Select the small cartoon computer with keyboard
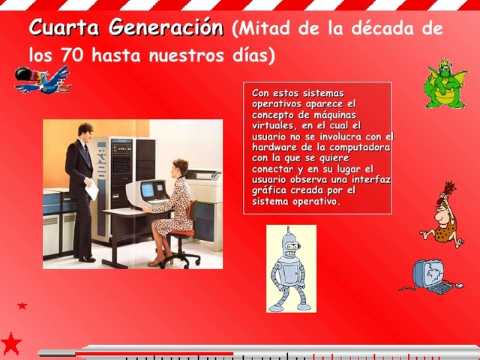(431, 276)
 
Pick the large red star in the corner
(10, 343)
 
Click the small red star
(22, 306)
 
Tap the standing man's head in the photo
(85, 131)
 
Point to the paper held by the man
(91, 190)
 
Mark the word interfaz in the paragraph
(374, 181)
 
